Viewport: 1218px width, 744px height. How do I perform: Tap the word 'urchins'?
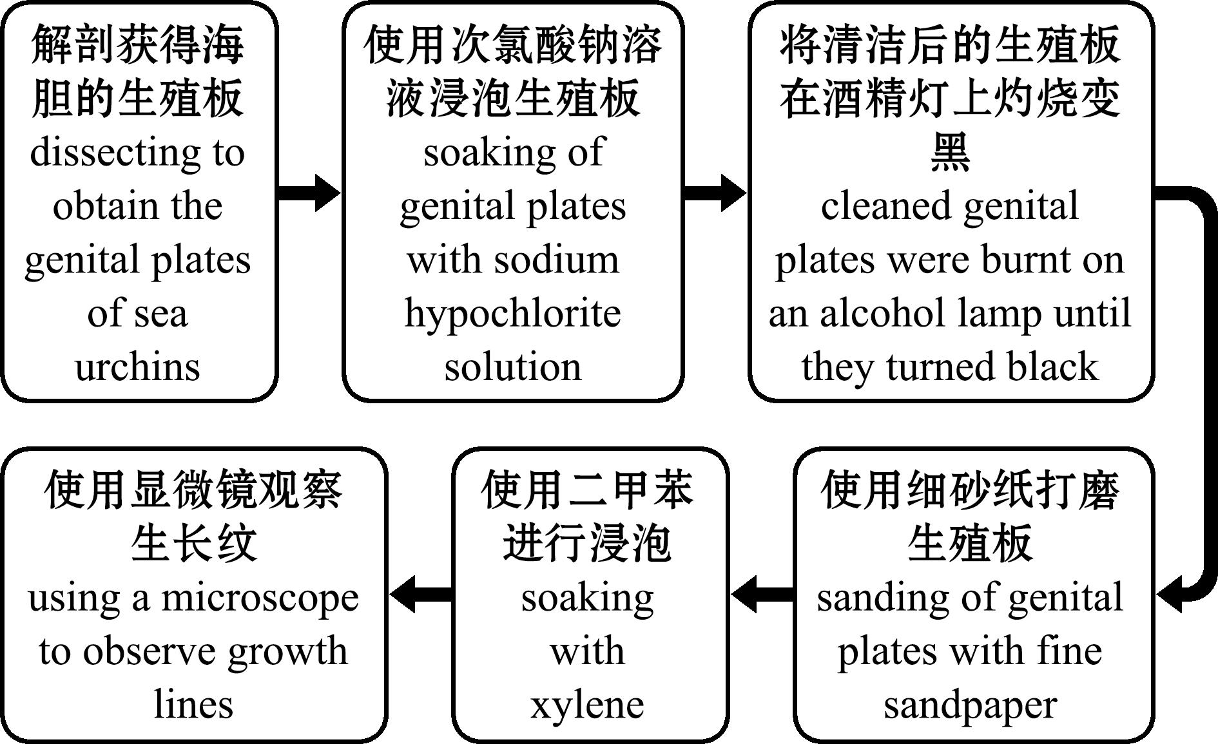pyautogui.click(x=137, y=367)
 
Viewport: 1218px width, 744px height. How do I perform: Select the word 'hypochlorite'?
pyautogui.click(x=512, y=314)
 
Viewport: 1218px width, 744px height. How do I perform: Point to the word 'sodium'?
pyautogui.click(x=556, y=260)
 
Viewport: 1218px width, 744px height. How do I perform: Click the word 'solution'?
pyautogui.click(x=512, y=367)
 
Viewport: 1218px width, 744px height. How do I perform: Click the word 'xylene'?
pyautogui.click(x=587, y=705)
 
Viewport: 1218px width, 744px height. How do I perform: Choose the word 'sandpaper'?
pyautogui.click(x=970, y=705)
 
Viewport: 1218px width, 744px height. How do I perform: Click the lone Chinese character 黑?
pyautogui.click(x=950, y=152)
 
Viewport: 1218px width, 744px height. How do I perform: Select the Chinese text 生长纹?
pyautogui.click(x=194, y=543)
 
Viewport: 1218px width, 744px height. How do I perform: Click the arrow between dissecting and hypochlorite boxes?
pyautogui.click(x=308, y=191)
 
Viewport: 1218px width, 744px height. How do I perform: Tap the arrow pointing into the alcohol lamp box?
pyautogui.click(x=714, y=191)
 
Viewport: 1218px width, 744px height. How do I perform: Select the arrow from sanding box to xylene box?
pyautogui.click(x=762, y=594)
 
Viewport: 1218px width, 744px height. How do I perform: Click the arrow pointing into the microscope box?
pyautogui.click(x=420, y=594)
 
